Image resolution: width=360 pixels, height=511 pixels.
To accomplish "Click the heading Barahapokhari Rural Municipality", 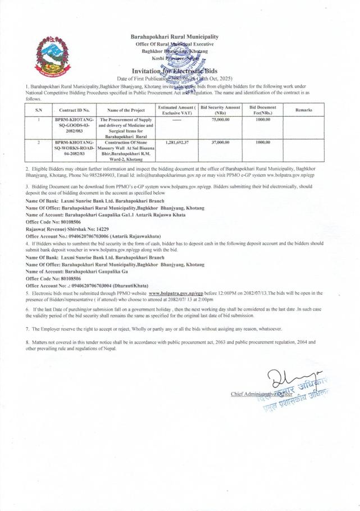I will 174,36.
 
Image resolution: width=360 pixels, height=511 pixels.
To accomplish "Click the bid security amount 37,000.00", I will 220,143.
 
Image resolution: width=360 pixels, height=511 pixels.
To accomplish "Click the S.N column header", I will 38,110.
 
